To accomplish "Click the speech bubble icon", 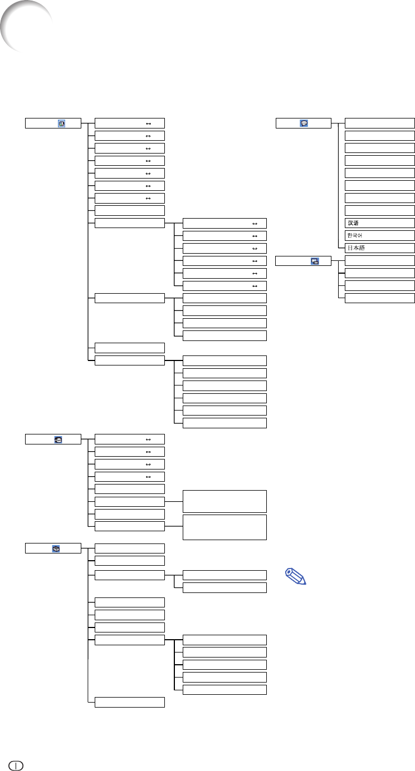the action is tap(304, 123).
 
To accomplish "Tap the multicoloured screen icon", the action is tap(61, 123).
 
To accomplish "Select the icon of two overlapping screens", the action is tap(315, 261).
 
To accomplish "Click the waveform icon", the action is tap(58, 439).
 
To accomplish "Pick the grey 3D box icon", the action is tap(56, 548).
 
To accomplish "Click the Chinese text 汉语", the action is tap(353, 223).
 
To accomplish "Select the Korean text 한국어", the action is tap(355, 235).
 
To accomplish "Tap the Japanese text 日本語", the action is tap(356, 248).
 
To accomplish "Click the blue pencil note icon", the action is tap(296, 576).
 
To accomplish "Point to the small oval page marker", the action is tap(16, 766).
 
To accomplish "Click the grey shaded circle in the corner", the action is tap(26, 26).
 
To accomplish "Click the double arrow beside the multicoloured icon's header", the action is tap(149, 123).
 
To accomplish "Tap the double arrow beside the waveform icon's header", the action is tap(148, 439).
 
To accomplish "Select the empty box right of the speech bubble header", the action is tap(380, 123).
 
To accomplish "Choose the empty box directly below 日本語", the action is tap(380, 260).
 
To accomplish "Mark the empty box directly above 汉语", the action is tap(380, 210).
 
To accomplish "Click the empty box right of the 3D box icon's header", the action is tap(130, 548).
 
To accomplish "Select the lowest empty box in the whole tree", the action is tap(130, 702).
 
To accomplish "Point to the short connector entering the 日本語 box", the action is tap(341, 248).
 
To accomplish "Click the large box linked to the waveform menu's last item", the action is tap(224, 527).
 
